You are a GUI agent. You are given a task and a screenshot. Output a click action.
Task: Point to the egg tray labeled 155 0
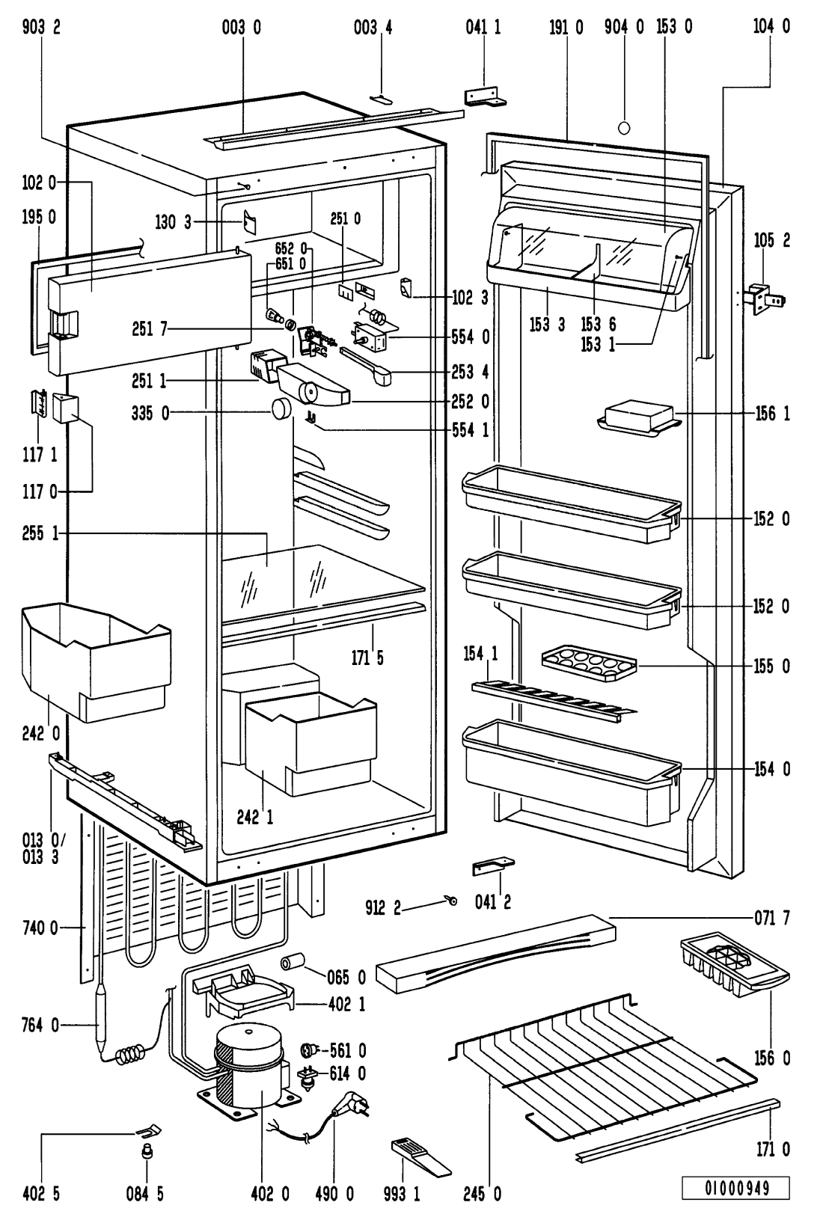[589, 663]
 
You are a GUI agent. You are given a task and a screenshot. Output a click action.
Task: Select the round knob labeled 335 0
[281, 409]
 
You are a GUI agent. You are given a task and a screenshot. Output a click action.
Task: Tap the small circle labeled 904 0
[624, 127]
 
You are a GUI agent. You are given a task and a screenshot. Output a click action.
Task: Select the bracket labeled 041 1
[486, 97]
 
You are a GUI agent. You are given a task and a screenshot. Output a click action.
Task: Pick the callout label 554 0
[471, 337]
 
